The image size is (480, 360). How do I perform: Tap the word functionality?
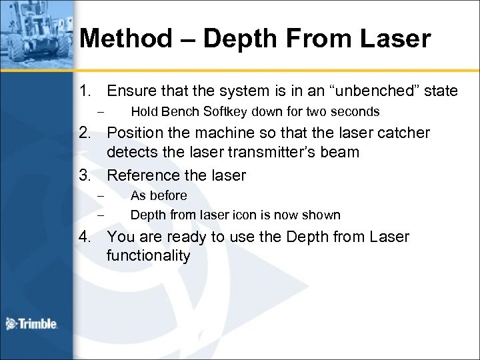click(x=148, y=255)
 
